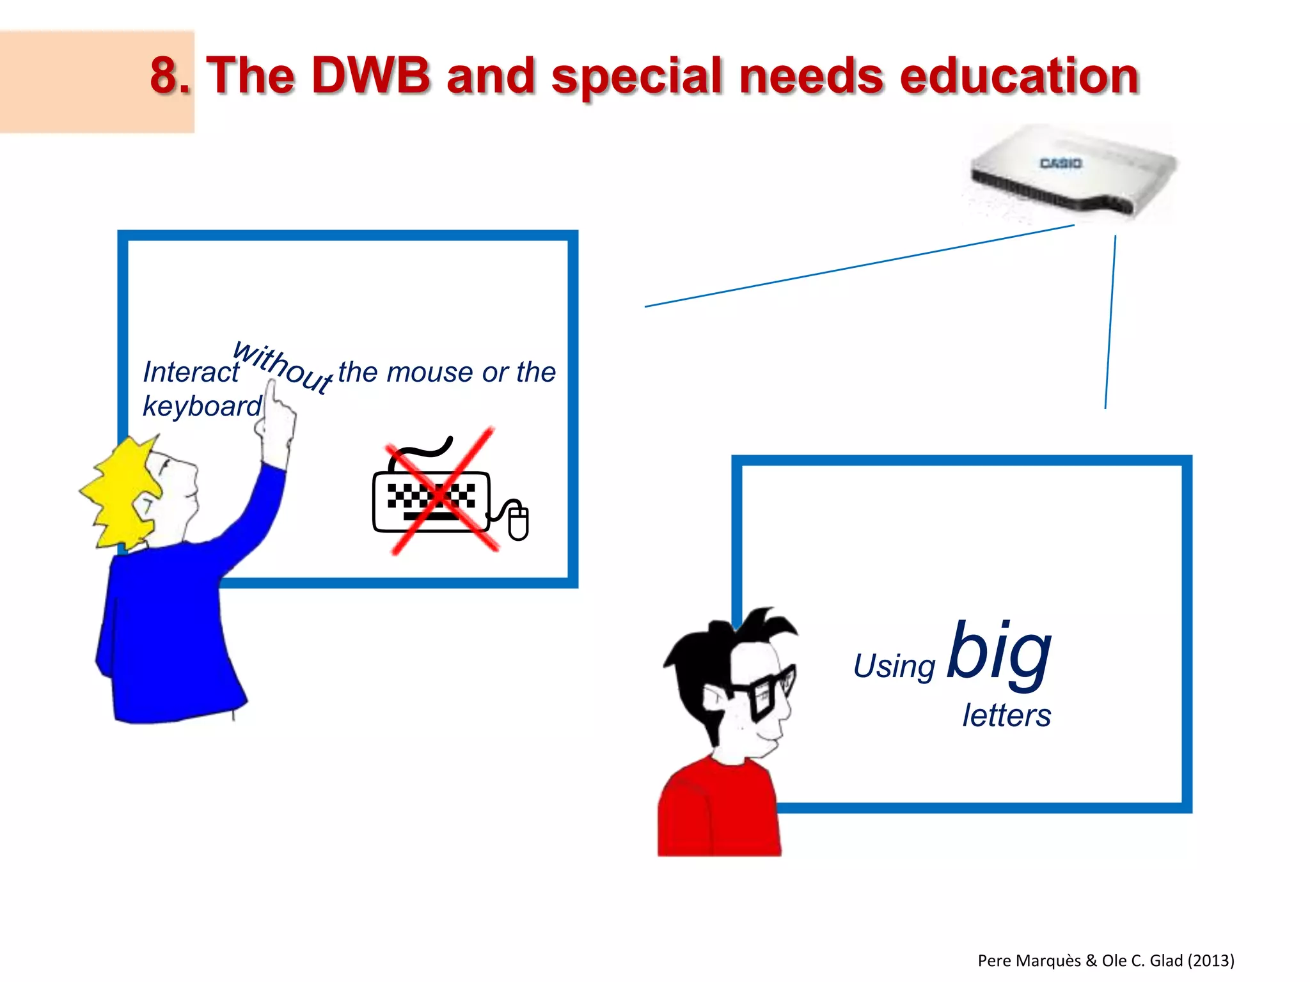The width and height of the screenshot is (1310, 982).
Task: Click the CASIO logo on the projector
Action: click(x=1061, y=164)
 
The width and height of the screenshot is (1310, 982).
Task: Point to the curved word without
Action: click(x=282, y=366)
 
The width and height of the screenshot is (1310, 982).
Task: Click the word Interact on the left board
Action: click(x=191, y=372)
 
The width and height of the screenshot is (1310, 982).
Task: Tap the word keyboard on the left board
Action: click(x=201, y=407)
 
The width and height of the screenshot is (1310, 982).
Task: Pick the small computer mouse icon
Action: click(x=518, y=521)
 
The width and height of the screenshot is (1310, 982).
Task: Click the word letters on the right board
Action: click(x=1006, y=715)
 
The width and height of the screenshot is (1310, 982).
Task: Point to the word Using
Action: click(x=894, y=667)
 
